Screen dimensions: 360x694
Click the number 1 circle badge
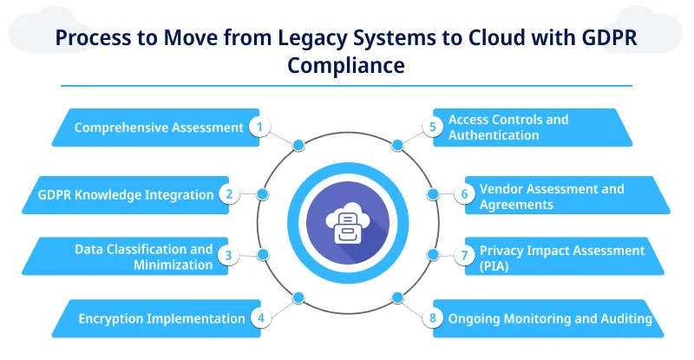click(259, 128)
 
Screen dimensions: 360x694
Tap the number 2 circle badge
click(229, 194)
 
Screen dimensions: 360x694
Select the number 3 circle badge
click(229, 255)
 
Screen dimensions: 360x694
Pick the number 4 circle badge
click(259, 318)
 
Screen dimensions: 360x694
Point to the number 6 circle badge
click(464, 194)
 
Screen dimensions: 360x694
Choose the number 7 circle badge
click(464, 255)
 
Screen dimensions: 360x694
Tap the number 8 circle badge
click(434, 318)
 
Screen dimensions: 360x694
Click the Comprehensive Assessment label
click(159, 128)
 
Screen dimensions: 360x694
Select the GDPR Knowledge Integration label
click(126, 194)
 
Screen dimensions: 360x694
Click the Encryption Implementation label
click(161, 318)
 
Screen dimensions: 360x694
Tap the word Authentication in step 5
click(494, 135)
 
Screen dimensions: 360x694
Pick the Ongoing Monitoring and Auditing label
click(550, 318)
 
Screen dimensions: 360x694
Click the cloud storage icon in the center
click(346, 224)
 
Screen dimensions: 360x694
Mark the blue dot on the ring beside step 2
click(263, 194)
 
